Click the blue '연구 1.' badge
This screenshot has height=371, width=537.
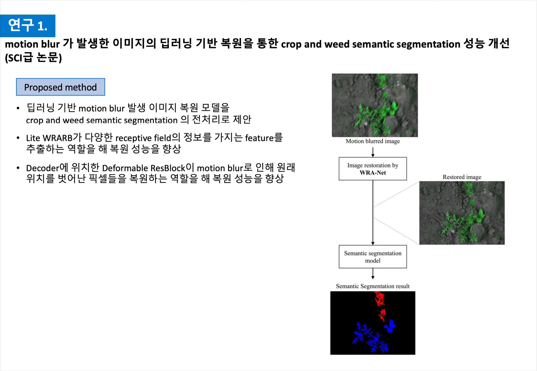click(x=28, y=26)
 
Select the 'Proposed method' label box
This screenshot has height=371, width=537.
click(x=61, y=87)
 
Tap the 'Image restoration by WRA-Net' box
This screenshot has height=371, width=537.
click(x=373, y=169)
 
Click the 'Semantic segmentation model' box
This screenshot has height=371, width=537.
click(x=373, y=257)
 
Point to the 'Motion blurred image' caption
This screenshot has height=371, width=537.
click(x=373, y=141)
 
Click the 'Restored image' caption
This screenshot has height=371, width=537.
click(x=462, y=177)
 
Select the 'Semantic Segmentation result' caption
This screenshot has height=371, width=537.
click(x=373, y=286)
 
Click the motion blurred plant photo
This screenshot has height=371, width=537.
click(x=375, y=105)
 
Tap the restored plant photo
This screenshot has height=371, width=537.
click(x=462, y=213)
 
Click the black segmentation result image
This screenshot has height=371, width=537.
click(x=373, y=323)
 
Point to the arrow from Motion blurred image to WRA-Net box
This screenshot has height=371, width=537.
click(x=373, y=152)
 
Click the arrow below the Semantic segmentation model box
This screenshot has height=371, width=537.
click(x=373, y=274)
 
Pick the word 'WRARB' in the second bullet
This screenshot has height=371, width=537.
click(x=57, y=138)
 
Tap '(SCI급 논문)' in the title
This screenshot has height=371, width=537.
click(x=33, y=58)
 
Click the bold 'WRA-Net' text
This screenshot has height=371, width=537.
click(x=373, y=173)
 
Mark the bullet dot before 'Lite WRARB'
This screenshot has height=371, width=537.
click(x=18, y=138)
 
